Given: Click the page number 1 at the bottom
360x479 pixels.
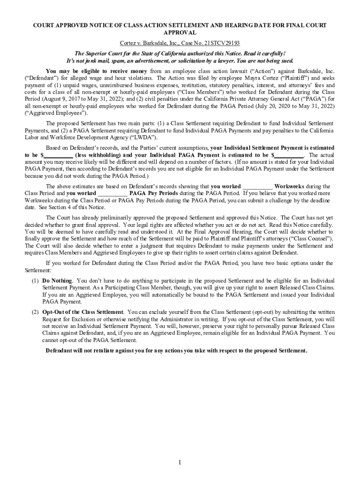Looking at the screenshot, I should click(x=179, y=463).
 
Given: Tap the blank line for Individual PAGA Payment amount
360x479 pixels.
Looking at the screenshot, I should click(x=288, y=155).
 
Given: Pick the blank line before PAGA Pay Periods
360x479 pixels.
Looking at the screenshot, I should click(x=113, y=193).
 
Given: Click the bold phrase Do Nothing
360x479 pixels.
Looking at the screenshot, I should click(x=57, y=281).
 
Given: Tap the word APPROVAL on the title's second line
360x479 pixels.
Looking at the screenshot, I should click(x=180, y=33).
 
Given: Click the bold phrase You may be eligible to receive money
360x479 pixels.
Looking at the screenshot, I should click(x=97, y=71).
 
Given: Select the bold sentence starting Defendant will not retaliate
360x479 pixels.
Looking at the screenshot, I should click(x=176, y=350).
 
